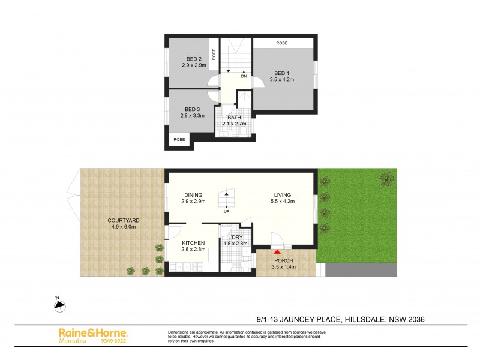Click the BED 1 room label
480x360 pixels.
click(x=283, y=73)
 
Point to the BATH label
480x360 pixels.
click(x=235, y=118)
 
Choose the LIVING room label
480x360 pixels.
click(x=282, y=195)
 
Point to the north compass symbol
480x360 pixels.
click(x=59, y=305)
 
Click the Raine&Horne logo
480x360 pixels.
click(x=92, y=332)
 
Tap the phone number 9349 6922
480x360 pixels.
click(x=114, y=341)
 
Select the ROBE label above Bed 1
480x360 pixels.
click(x=281, y=43)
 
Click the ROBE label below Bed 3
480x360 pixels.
click(x=179, y=140)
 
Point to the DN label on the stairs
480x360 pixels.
click(x=244, y=77)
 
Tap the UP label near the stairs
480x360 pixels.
click(x=226, y=211)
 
